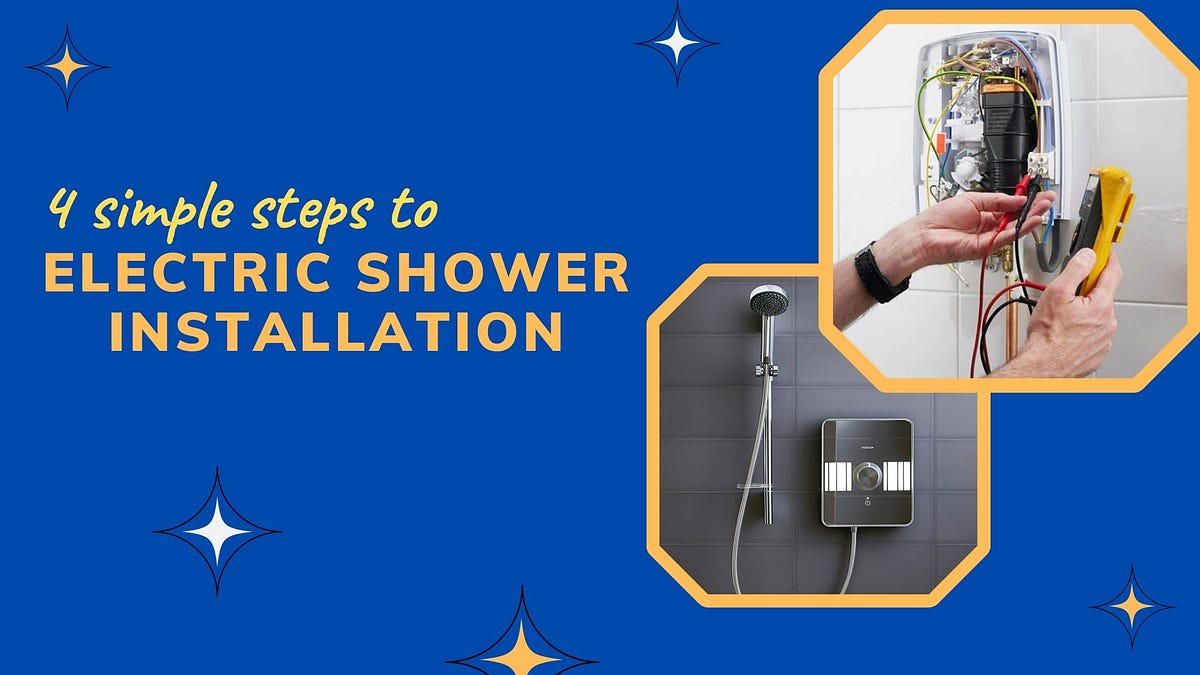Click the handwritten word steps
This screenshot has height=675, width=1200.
312,214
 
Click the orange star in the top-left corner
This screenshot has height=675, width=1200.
66,67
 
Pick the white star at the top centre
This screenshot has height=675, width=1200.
677,42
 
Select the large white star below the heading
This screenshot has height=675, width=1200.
218,531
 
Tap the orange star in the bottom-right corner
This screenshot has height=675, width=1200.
1132,606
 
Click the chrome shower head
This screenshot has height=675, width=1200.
768,300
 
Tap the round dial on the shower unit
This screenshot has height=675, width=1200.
867,476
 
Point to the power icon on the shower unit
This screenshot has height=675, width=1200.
867,502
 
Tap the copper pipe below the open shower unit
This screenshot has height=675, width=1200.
1011,327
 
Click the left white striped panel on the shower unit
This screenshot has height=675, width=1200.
838,476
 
